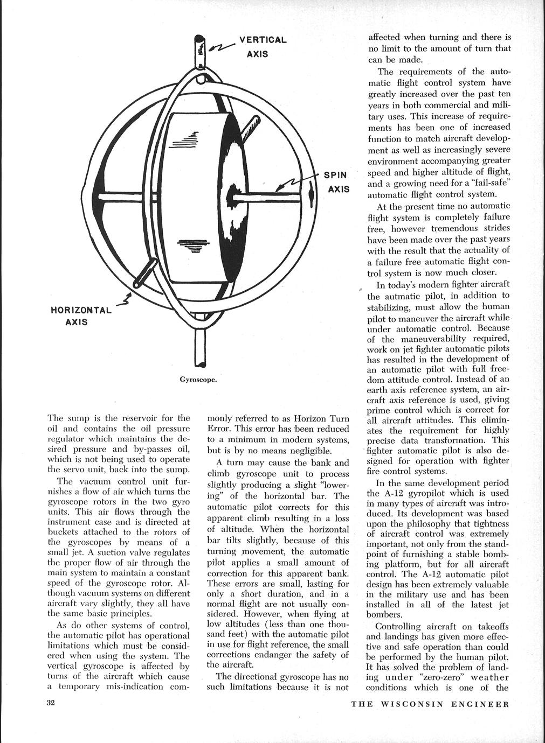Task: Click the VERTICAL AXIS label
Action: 263,47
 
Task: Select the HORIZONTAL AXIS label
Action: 80,316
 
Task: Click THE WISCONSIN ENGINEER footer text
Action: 430,704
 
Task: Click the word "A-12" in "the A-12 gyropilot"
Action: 396,493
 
